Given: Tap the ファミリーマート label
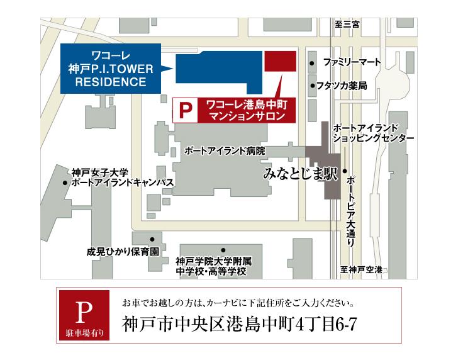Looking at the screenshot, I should (x=352, y=63).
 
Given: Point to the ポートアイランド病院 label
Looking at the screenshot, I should (x=225, y=151).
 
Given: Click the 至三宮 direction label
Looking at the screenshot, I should (x=347, y=25).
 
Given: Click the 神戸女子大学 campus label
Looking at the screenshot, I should (x=100, y=171).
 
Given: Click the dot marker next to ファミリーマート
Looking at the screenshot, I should (x=313, y=64).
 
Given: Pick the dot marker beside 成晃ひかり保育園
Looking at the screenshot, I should (x=152, y=239).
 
